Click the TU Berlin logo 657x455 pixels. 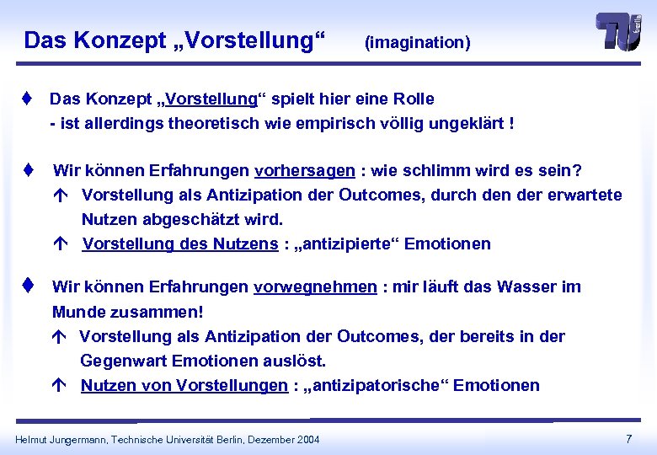pyautogui.click(x=620, y=33)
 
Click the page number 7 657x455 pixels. pyautogui.click(x=628, y=438)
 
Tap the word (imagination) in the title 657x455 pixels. pyautogui.click(x=417, y=42)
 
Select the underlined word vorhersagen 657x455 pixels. pyautogui.click(x=304, y=171)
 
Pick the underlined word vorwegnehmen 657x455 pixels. pyautogui.click(x=315, y=286)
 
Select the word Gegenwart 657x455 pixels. pyautogui.click(x=123, y=361)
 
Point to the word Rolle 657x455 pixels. pyautogui.click(x=411, y=99)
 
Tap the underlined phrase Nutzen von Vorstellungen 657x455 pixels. pyautogui.click(x=184, y=386)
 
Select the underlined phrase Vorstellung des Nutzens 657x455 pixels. pyautogui.click(x=179, y=244)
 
